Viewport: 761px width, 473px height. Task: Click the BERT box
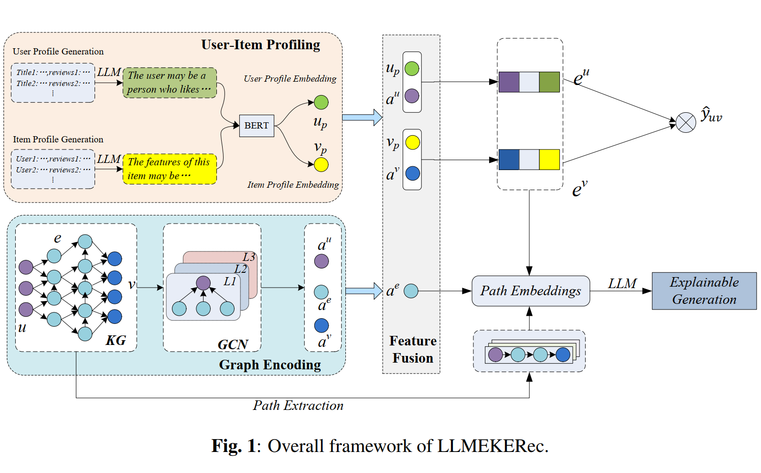click(x=257, y=126)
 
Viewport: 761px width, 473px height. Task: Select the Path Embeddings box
click(x=530, y=291)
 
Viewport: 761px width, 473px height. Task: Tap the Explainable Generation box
click(x=704, y=291)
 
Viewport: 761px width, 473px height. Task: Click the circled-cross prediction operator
click(x=686, y=123)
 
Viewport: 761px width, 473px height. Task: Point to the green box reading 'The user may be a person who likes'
click(x=170, y=83)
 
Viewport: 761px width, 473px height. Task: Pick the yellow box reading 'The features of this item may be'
click(x=170, y=169)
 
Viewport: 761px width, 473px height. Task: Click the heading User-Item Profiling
click(x=260, y=45)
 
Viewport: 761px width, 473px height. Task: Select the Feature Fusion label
click(x=413, y=349)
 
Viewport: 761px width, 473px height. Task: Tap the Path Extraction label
click(x=298, y=406)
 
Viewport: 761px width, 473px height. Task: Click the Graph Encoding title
click(x=270, y=365)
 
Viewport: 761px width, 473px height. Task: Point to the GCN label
click(x=233, y=344)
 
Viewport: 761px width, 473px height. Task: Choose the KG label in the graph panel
click(x=116, y=340)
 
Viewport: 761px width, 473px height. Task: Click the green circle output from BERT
click(x=321, y=102)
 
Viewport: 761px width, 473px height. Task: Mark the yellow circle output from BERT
click(x=321, y=165)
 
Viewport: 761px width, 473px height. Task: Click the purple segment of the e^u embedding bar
click(x=509, y=82)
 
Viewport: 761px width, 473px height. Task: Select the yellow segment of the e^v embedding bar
click(x=549, y=160)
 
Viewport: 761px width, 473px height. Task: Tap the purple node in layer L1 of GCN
click(x=203, y=283)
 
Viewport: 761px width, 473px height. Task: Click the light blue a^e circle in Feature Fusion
click(x=411, y=290)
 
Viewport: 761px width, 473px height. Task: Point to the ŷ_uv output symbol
click(x=711, y=115)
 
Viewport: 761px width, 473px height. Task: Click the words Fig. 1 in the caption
click(x=234, y=446)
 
